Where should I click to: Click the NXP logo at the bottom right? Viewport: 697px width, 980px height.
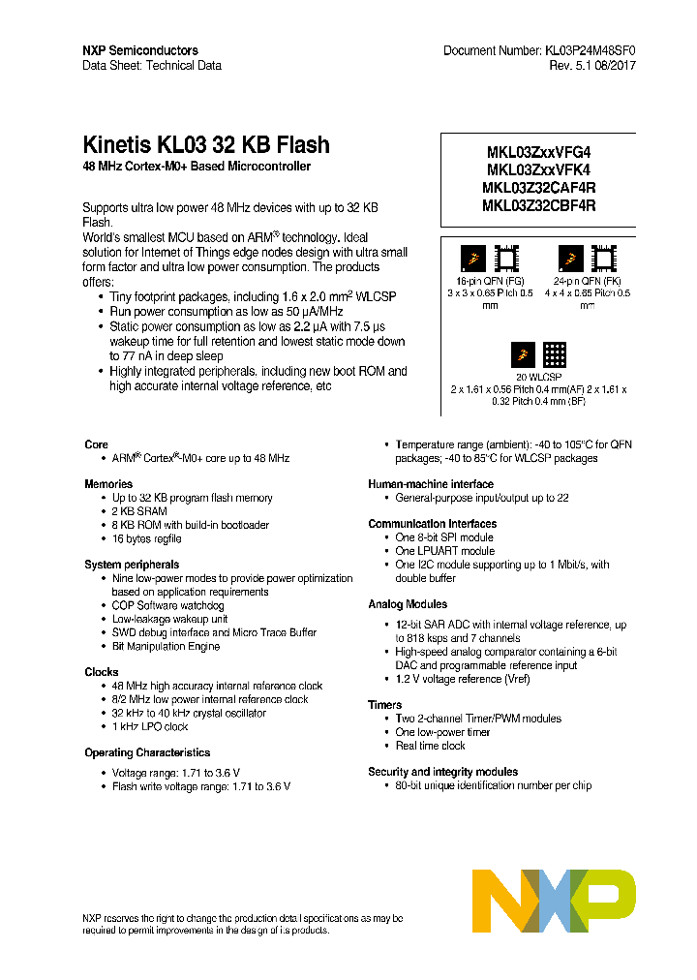click(x=554, y=900)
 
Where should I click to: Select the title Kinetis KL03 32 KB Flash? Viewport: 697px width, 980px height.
click(x=206, y=145)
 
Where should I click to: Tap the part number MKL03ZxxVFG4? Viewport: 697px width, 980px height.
click(x=538, y=153)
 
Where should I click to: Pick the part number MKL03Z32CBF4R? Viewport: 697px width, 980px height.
click(x=538, y=205)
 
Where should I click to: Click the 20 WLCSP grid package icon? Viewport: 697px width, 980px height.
click(x=554, y=354)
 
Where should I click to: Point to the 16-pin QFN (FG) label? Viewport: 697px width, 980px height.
click(x=490, y=279)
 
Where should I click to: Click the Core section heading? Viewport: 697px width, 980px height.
click(x=96, y=444)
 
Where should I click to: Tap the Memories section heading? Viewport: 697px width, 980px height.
click(x=107, y=484)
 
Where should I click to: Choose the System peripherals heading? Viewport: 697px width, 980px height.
click(x=132, y=565)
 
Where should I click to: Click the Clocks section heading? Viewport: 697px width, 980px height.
click(x=102, y=672)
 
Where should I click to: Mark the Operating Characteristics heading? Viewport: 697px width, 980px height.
click(x=147, y=752)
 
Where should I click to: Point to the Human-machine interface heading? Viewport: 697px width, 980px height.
click(x=431, y=484)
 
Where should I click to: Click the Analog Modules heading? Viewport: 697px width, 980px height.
click(x=408, y=604)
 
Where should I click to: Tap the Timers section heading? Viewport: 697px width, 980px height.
click(x=384, y=705)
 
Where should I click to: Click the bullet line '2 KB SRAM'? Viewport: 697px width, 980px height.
click(x=139, y=511)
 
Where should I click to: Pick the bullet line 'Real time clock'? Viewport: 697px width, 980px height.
click(x=430, y=746)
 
